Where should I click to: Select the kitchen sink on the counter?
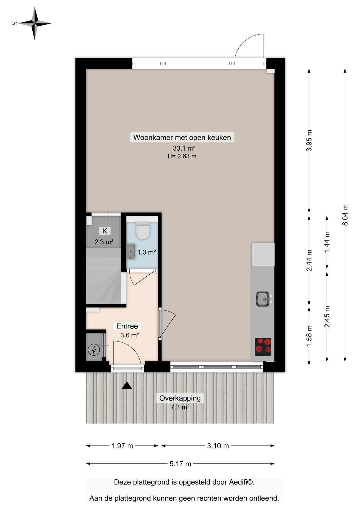(263, 299)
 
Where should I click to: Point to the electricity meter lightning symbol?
(94, 350)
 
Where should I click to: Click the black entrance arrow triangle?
(127, 385)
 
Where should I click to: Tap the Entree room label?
(127, 326)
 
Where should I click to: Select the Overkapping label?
(180, 398)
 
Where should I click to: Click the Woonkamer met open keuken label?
(182, 137)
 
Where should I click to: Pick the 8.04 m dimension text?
(345, 215)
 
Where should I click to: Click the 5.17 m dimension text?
(180, 464)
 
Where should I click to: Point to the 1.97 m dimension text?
(122, 446)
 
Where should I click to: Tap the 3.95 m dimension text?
(309, 141)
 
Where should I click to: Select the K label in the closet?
(105, 231)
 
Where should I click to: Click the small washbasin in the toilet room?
(131, 252)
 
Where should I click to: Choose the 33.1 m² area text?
(184, 148)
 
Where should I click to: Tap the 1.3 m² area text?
(147, 252)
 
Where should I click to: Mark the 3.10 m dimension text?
(218, 446)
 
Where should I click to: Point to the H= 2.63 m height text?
(182, 156)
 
